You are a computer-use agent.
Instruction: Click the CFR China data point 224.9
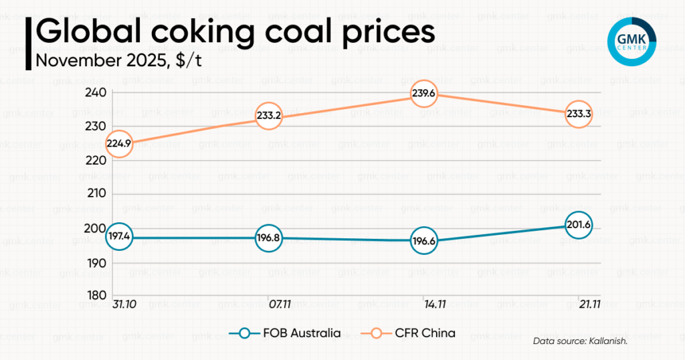tap(118, 142)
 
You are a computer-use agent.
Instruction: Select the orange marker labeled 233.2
tap(268, 116)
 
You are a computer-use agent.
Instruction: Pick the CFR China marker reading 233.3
tap(579, 114)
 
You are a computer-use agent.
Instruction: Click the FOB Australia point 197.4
tap(118, 238)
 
